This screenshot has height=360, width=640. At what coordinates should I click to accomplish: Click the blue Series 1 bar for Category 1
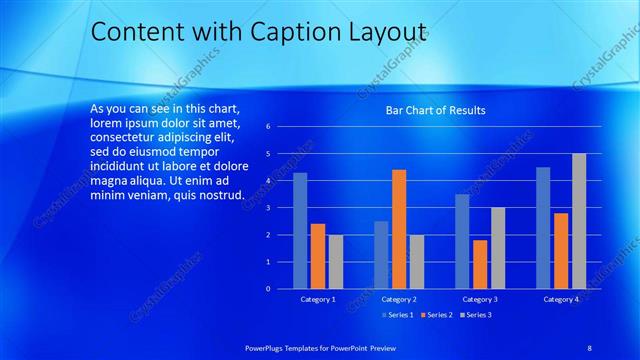tap(300, 231)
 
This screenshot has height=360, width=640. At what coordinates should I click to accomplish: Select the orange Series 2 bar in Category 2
tap(399, 229)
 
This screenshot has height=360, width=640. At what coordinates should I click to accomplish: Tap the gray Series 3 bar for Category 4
tap(579, 221)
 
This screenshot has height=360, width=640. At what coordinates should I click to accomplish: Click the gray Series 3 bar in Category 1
tap(335, 262)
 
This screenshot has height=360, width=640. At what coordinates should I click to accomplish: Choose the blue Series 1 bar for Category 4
tap(543, 228)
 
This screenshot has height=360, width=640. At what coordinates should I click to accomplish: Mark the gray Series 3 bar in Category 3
tap(497, 248)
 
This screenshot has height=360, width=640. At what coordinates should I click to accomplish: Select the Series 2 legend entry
tap(437, 315)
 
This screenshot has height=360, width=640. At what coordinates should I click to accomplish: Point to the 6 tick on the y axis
tap(268, 127)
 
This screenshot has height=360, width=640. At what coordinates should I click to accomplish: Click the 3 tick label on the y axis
tap(268, 208)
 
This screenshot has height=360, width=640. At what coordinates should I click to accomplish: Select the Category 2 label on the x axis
tap(399, 299)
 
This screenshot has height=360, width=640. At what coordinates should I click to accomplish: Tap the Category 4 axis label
tap(561, 299)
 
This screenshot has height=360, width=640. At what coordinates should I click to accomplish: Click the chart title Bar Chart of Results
tap(436, 110)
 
